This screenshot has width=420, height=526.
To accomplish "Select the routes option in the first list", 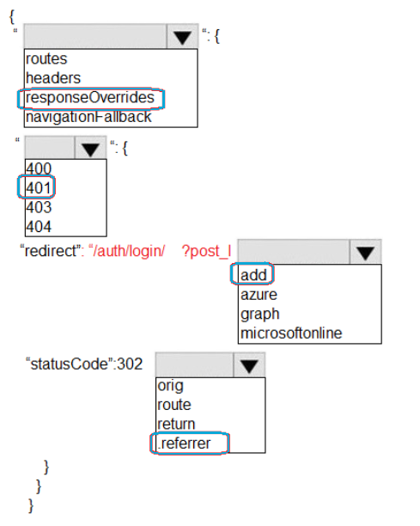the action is point(46,59).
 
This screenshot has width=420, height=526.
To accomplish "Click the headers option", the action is point(53,78).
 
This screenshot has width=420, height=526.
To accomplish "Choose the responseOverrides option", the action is point(90,98).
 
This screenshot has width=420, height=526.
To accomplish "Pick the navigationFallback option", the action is point(88,117).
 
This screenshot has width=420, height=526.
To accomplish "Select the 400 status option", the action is point(39,168).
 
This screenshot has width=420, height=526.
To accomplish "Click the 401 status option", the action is point(39,188).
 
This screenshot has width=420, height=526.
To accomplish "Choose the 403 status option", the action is point(39,207).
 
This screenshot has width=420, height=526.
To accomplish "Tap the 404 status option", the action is point(39,226).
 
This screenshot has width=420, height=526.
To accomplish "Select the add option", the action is point(253,275).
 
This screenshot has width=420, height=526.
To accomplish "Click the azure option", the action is point(259,295).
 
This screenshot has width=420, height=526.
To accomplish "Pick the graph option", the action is point(259,315).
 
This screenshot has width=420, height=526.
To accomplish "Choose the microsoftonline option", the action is point(291,333).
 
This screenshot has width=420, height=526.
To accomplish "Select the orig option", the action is point(170,386).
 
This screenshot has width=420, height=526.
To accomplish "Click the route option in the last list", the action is point(174,405).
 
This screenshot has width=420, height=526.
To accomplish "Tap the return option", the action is point(176,424).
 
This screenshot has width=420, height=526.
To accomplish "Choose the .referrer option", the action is point(184,443).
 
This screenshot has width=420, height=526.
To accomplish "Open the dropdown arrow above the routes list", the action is point(182,37).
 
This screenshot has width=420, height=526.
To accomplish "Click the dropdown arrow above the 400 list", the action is point(90,149).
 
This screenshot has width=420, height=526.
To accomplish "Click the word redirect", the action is point(51,251).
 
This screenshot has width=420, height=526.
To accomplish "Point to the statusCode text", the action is point(70,364).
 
